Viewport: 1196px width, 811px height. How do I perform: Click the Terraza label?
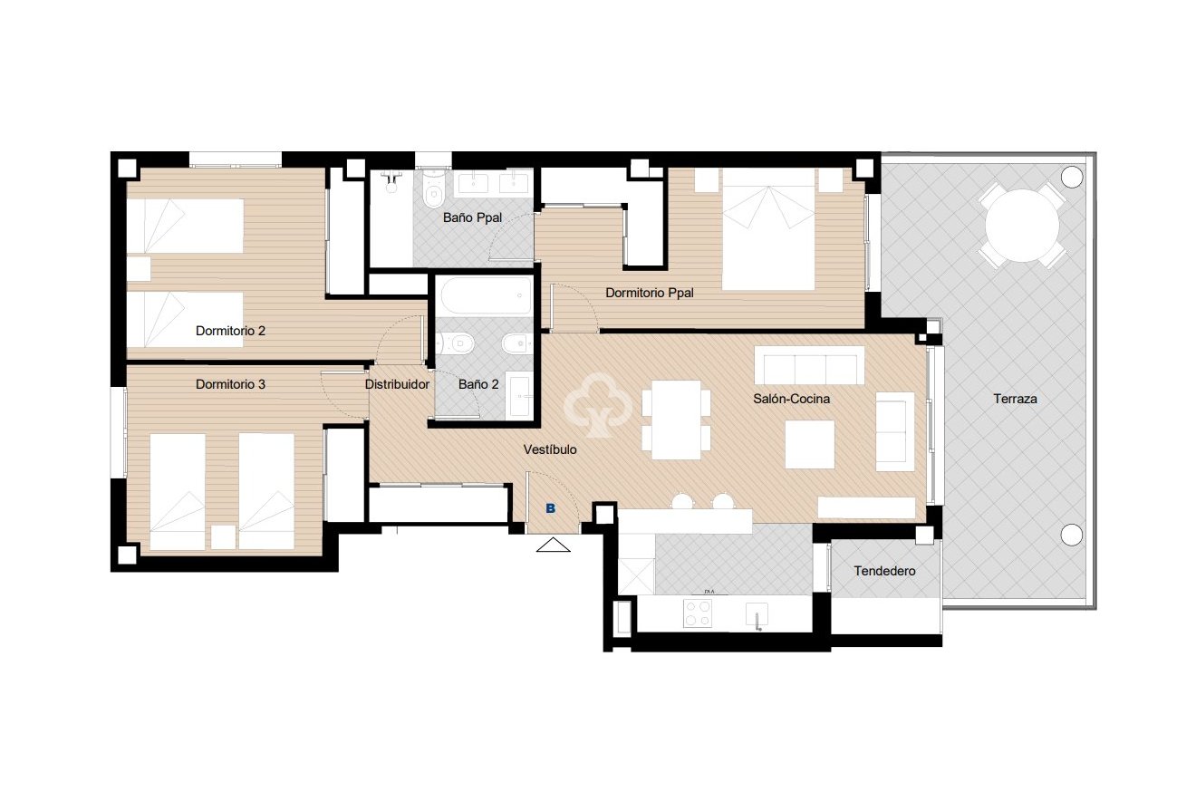(1014, 399)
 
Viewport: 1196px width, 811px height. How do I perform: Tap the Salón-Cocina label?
(792, 399)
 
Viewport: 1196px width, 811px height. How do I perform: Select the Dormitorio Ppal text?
(650, 293)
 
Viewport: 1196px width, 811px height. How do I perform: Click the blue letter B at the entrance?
(550, 509)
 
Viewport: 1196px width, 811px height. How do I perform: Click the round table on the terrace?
(1022, 225)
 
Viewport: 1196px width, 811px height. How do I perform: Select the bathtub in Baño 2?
(483, 296)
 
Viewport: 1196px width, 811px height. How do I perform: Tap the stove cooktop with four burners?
(698, 614)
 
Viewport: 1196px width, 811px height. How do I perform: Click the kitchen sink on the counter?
(757, 614)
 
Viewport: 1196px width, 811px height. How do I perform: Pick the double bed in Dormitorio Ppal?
(768, 232)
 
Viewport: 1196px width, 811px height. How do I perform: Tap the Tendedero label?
(884, 571)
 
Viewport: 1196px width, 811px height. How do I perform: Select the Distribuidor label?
(397, 384)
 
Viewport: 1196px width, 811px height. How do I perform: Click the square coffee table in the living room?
(809, 444)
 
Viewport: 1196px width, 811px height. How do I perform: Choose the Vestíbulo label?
(550, 449)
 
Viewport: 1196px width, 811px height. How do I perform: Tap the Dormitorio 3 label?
(230, 384)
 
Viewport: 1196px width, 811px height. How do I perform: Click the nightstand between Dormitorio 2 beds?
(139, 269)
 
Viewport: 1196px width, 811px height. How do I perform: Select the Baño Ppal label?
(472, 217)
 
